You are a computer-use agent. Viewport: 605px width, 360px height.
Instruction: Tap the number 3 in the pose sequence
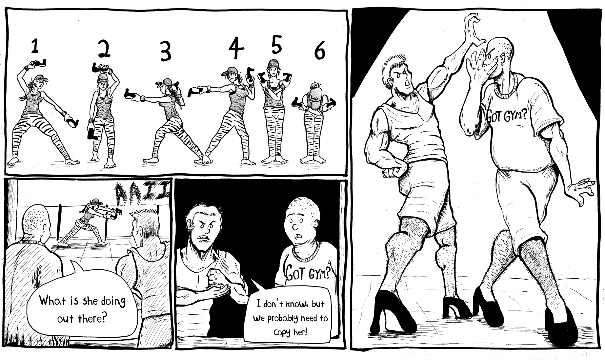click(x=166, y=52)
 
